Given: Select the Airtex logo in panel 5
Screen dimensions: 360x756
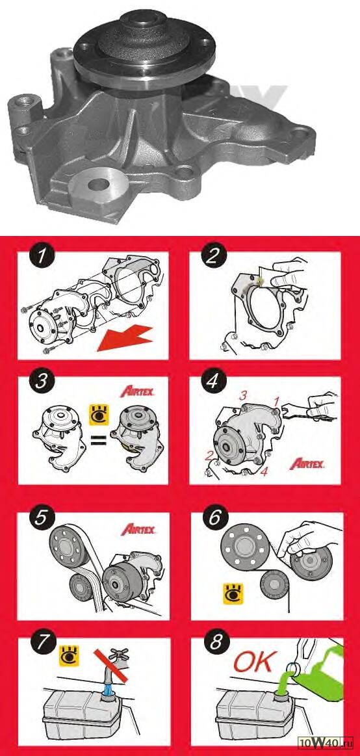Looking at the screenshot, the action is coord(140,530).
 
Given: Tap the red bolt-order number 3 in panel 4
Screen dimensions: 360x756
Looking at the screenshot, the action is coord(244,395).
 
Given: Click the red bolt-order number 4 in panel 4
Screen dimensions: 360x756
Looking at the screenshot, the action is coord(264,472).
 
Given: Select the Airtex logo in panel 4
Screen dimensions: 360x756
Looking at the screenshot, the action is coord(306,464).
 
